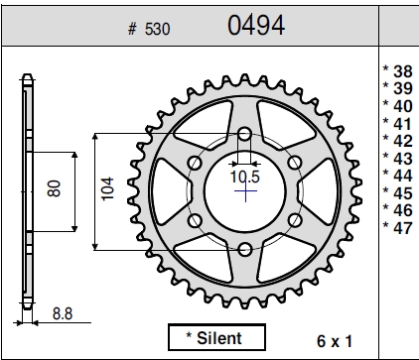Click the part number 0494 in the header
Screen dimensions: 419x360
click(x=256, y=25)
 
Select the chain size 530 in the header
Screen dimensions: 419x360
click(x=157, y=29)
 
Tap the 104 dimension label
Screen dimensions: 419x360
click(x=107, y=188)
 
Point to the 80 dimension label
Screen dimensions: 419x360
click(x=55, y=188)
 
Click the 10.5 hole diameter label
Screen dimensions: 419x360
click(x=245, y=177)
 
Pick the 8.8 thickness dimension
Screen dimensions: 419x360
click(x=63, y=313)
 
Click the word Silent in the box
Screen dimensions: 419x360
click(x=219, y=338)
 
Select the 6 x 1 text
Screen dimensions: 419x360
click(x=335, y=341)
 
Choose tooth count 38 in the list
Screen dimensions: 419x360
click(x=403, y=71)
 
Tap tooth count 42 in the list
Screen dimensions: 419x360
click(x=403, y=141)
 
